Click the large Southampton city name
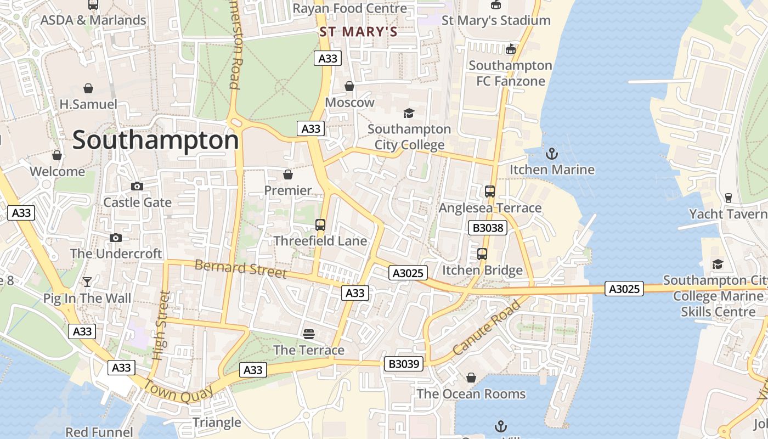coord(155,140)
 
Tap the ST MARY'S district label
coord(358,32)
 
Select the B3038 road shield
coord(487,228)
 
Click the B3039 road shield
coord(403,363)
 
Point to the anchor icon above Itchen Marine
coord(552,154)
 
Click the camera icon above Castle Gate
coord(137,187)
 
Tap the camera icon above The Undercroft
coord(115,238)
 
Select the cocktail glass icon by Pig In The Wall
coord(87,282)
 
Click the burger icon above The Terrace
coord(309,334)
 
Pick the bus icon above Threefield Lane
coord(320,224)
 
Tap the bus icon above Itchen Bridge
coord(482,254)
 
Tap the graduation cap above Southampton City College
coord(409,113)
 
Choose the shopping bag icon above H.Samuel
coord(88,88)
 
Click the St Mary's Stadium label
coord(495,21)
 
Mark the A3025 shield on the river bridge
coord(624,289)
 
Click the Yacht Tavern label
coord(727,214)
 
